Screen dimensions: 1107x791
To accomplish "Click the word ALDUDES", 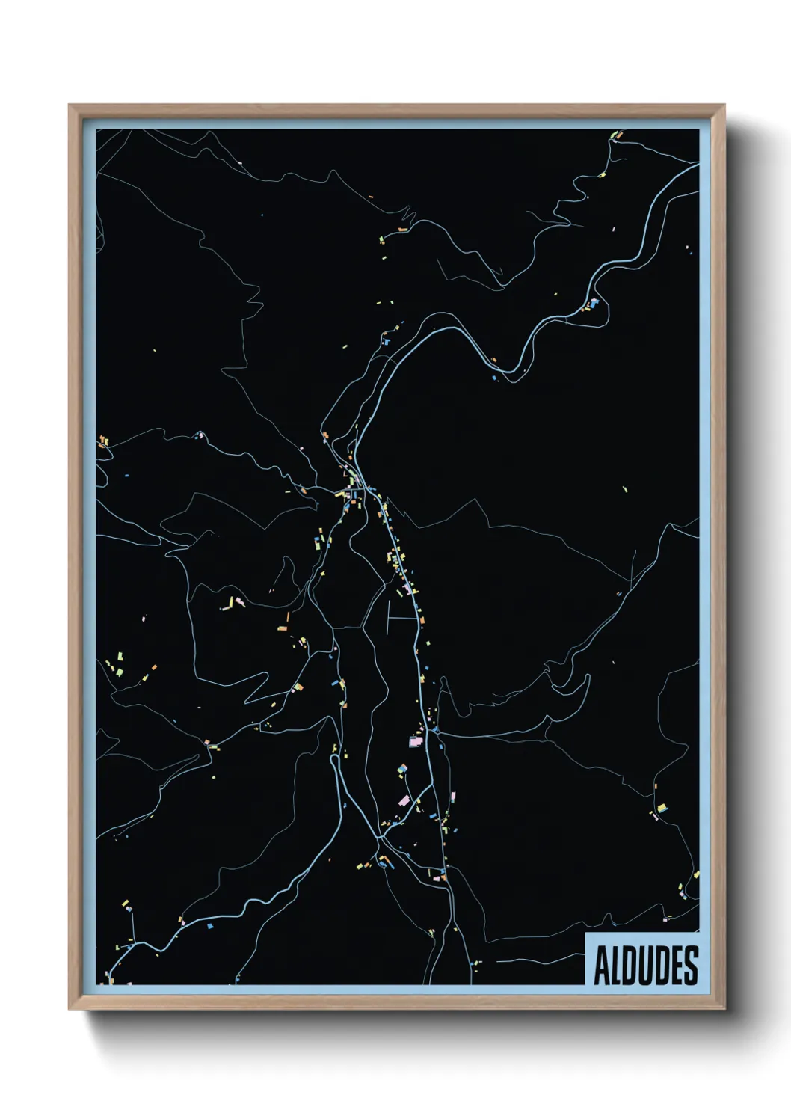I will pos(646,966).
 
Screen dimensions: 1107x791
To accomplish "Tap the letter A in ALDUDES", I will pos(602,966).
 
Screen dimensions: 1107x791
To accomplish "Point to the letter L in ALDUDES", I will pos(618,966).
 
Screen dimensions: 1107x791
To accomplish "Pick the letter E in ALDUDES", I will pos(677,966).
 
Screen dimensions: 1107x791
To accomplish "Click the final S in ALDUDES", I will pos(692,966).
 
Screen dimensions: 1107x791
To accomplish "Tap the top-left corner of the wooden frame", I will pos(70,105).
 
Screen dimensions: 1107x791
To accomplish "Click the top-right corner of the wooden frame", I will pos(724,105).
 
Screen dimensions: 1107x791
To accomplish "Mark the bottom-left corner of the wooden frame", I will pos(70,1008).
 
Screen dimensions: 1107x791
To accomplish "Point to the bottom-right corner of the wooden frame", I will pos(724,1008).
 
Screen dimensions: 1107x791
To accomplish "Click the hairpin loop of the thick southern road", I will pos(333,760).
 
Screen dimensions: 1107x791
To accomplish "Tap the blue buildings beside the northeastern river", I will pos(594,303).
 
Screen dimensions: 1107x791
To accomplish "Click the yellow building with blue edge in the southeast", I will pos(661,808).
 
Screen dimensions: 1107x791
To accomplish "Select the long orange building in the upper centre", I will pos(402,229).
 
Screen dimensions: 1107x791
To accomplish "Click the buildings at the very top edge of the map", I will pos(616,135).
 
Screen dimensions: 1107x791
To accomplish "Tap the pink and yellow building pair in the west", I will pos(236,602).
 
